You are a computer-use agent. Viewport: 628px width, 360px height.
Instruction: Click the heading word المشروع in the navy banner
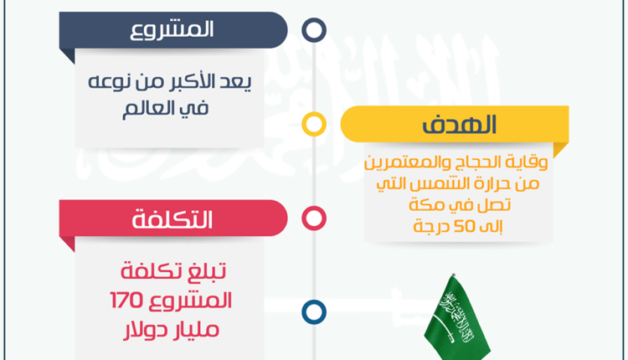(x=172, y=30)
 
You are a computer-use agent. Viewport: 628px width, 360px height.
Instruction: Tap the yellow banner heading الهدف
(x=460, y=124)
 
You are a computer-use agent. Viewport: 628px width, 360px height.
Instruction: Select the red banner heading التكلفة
(x=172, y=219)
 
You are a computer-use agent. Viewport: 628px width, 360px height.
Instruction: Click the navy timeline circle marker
(x=314, y=30)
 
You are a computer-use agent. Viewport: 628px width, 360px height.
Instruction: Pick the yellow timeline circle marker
(x=314, y=124)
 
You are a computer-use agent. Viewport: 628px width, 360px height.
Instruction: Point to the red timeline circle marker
(x=314, y=219)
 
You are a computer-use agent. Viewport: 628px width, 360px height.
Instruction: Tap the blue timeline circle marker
(x=314, y=312)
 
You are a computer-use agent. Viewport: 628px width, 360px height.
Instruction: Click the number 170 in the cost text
(x=126, y=301)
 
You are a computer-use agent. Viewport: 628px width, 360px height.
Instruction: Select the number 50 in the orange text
(x=465, y=227)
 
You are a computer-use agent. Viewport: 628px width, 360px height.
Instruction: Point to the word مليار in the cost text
(x=195, y=330)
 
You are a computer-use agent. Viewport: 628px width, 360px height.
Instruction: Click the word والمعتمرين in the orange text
(x=409, y=162)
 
